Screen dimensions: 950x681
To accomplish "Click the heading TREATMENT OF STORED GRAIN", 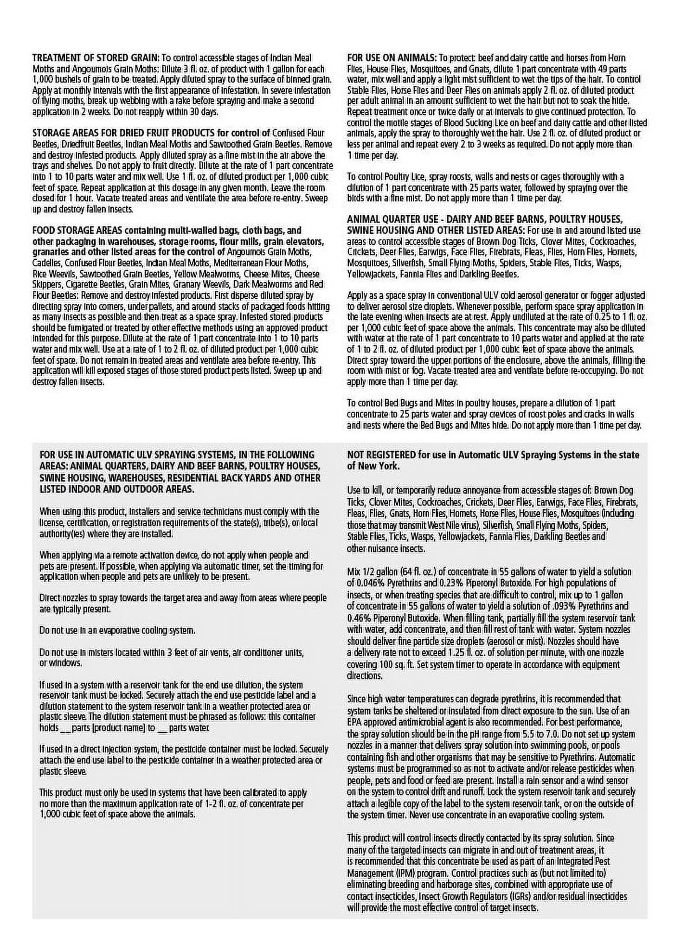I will [96, 58].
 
